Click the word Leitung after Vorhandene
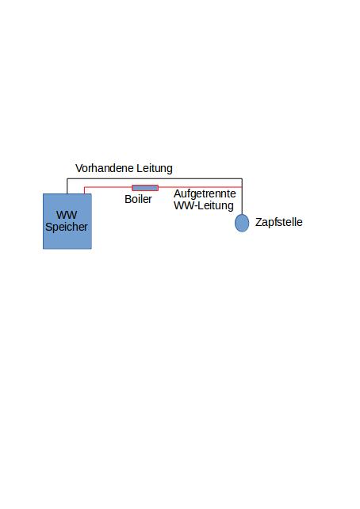coord(155,168)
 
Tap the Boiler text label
coord(138,199)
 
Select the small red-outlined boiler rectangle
coord(145,188)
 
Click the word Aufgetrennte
coord(205,193)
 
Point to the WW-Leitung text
coord(204,205)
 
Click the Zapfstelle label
coord(279,222)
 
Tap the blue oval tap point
coord(242,223)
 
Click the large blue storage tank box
coord(67,221)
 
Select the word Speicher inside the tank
coord(67,227)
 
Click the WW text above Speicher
coord(67,215)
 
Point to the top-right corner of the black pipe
coord(242,178)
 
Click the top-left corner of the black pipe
coord(67,178)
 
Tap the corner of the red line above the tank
coord(84,187)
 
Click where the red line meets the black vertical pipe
coord(242,187)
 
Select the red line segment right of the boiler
coord(200,187)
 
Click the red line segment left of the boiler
coord(108,187)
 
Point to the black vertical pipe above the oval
coord(242,196)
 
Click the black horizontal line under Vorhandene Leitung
coord(155,178)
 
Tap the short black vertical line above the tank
coord(67,186)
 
